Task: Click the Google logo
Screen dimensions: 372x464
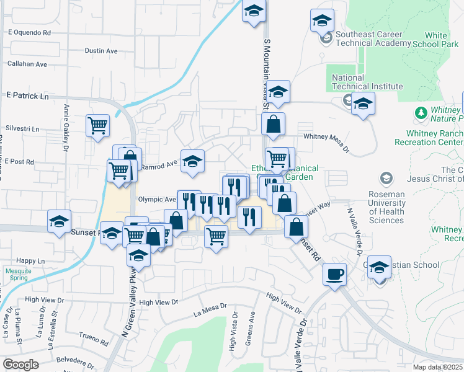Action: tap(20, 365)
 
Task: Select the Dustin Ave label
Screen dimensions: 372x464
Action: tap(102, 50)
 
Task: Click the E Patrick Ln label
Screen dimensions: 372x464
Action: tap(27, 96)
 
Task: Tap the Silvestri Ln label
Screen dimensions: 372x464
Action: tap(22, 129)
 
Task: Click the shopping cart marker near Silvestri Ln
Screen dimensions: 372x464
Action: tap(98, 126)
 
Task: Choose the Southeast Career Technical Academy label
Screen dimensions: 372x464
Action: tap(372, 38)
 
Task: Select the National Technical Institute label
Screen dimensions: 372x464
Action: tap(367, 82)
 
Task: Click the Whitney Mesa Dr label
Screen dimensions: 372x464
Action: tap(327, 138)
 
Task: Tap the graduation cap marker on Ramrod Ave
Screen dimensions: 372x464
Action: tap(192, 161)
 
